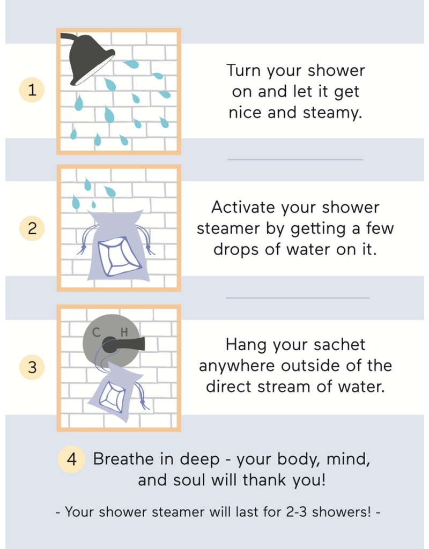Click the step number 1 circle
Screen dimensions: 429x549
[32, 90]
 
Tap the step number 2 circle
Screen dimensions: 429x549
[32, 228]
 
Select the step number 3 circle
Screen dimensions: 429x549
[32, 367]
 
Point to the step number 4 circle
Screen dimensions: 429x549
[71, 459]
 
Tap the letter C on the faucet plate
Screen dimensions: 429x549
[97, 332]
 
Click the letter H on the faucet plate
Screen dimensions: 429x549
[124, 332]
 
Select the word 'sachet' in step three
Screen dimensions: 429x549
[339, 345]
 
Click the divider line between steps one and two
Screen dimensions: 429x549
[295, 160]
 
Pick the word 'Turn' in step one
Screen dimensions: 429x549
[244, 71]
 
